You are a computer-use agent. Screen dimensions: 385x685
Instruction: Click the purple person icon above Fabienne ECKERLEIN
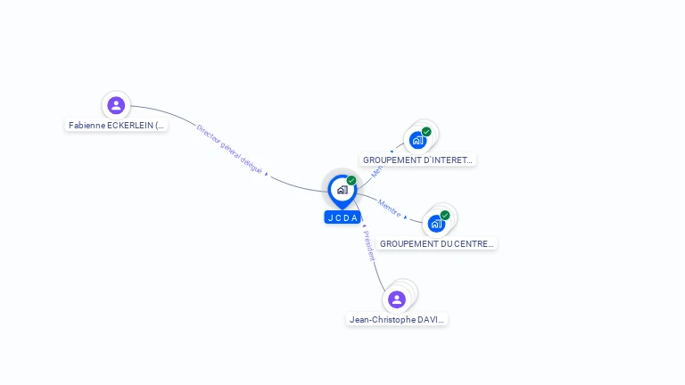coord(116,105)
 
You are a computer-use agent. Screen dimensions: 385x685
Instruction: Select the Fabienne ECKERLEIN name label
coord(117,126)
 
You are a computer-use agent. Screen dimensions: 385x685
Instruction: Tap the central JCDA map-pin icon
coord(342,190)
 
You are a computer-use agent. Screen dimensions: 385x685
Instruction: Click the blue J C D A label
coord(342,217)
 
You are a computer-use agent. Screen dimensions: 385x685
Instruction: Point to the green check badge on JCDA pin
coord(351,180)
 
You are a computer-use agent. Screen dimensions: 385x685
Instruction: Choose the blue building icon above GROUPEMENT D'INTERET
coord(417,140)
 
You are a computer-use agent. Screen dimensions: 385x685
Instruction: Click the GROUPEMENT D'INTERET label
coord(418,160)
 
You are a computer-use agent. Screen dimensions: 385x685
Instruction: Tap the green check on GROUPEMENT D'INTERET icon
coord(426,132)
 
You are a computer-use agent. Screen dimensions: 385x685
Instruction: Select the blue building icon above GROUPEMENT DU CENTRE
coord(436,223)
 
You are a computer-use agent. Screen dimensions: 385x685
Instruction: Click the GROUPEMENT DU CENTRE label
coord(437,243)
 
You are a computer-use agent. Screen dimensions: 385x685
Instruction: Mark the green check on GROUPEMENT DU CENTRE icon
coord(445,215)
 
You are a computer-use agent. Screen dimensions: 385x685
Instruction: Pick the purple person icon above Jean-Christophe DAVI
coord(397,299)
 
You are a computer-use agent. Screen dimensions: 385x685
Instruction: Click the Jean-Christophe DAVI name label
coord(397,319)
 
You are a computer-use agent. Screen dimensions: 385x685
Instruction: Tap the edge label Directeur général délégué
coord(229,147)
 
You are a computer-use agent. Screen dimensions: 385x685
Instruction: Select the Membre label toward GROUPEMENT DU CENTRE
coord(389,207)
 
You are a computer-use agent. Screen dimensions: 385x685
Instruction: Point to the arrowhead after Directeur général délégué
coord(267,175)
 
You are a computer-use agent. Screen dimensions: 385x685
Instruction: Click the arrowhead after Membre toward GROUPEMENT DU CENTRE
coord(406,217)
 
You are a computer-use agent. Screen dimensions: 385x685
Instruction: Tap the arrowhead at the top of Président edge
coord(365,227)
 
